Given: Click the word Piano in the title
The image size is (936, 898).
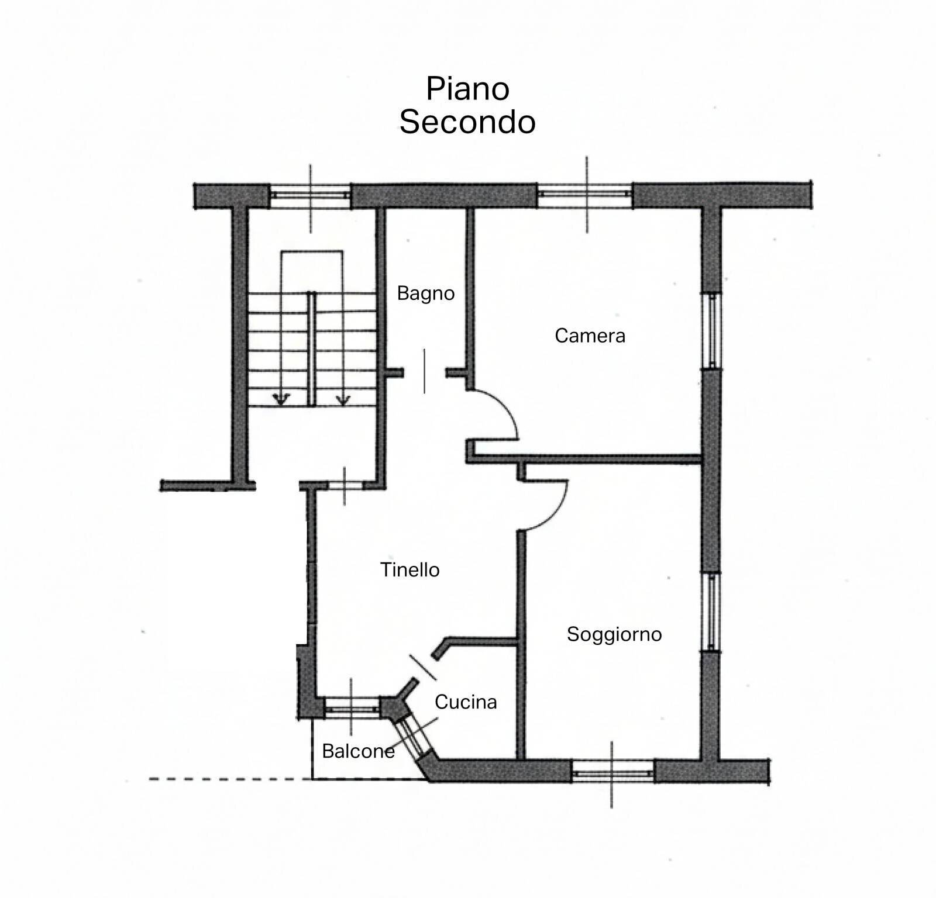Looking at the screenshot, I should click(467, 89).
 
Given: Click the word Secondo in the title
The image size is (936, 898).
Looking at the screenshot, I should click(467, 122).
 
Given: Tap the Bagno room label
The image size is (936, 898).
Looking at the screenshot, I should click(425, 293).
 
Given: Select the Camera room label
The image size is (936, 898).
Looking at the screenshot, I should click(590, 336).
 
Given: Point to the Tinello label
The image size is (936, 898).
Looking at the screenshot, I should click(409, 569).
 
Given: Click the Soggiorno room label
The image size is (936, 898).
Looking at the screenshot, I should click(614, 634).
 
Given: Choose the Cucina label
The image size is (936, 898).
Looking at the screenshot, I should click(466, 702).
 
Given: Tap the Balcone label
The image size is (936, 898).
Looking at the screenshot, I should click(358, 751).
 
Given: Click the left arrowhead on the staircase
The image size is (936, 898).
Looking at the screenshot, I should click(281, 400).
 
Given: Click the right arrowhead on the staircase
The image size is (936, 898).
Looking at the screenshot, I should click(343, 400).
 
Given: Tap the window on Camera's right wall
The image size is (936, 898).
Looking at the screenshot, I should click(711, 331).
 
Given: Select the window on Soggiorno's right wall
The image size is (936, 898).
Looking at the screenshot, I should click(711, 612).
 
